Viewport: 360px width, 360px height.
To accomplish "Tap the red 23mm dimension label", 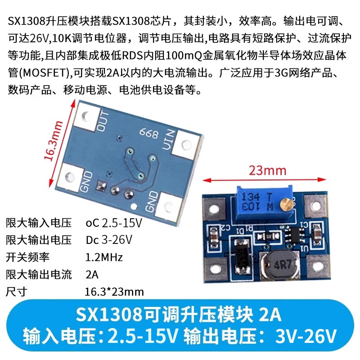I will tap(264, 171).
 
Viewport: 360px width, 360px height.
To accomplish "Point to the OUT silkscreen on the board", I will tap(103, 120).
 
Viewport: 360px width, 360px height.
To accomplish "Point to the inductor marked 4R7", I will tap(277, 263).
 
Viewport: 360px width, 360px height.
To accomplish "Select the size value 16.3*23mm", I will tap(114, 292).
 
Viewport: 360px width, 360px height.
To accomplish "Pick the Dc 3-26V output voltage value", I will tap(109, 239).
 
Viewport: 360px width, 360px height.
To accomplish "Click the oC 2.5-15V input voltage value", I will tap(113, 222).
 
